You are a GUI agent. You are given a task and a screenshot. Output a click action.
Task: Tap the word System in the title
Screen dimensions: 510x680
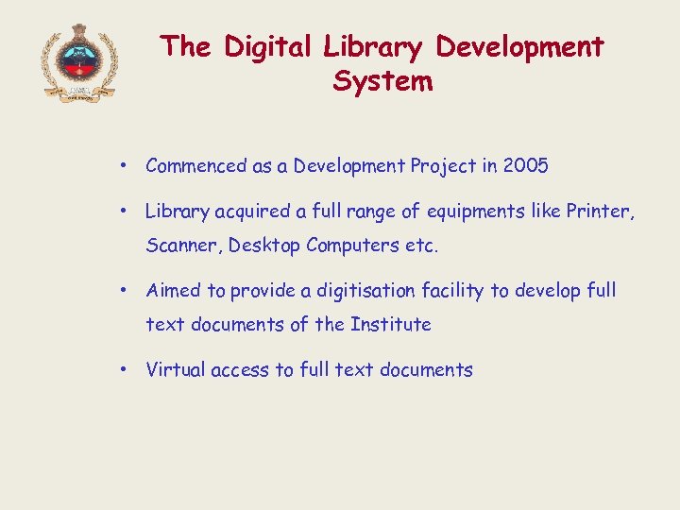point(382,81)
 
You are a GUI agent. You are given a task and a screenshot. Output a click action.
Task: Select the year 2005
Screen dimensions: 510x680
point(526,166)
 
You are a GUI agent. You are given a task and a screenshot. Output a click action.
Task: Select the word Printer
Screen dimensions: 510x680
point(600,212)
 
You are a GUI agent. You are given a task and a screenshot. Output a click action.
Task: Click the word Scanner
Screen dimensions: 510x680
point(184,246)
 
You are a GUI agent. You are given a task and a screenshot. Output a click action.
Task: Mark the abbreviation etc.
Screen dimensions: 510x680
point(422,246)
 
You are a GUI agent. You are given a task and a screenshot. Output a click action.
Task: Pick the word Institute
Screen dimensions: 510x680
point(390,325)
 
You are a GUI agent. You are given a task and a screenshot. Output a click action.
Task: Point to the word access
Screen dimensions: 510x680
point(240,370)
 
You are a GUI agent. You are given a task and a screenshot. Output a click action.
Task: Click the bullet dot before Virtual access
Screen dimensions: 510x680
point(124,370)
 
